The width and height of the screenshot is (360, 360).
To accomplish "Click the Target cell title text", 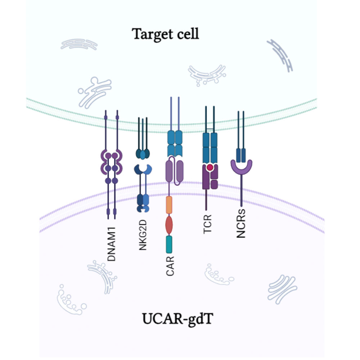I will click(x=165, y=34).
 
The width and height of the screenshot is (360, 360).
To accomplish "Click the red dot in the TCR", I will click(x=210, y=167).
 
